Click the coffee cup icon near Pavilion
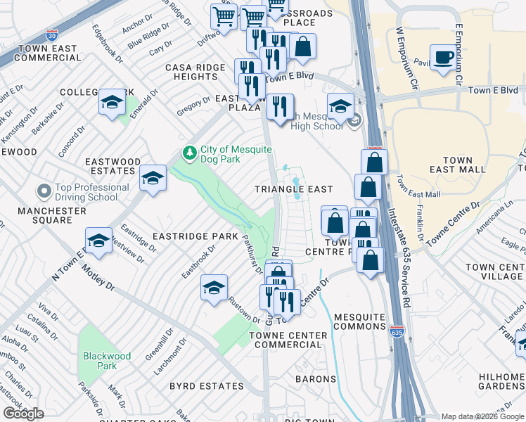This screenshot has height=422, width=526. point(443,58)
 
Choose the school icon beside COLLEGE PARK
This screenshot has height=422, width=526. point(112,103)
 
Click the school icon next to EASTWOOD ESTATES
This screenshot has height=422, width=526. point(153,179)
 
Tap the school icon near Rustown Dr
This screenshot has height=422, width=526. point(214,288)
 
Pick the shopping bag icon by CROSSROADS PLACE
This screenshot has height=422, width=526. point(302,47)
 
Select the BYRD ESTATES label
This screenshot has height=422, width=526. point(206,386)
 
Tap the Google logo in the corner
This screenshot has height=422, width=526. point(23,414)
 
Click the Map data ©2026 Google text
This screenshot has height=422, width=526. point(482,416)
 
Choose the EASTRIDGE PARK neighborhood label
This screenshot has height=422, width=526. point(198,236)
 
